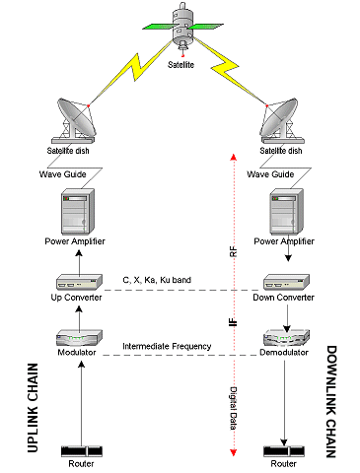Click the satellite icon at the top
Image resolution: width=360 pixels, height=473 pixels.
click(182, 28)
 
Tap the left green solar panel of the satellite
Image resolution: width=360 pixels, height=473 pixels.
click(158, 27)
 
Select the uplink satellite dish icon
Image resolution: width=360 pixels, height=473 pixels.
click(76, 120)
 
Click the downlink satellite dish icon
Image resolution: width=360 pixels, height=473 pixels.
click(281, 120)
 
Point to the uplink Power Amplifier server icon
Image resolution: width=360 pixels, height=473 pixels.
click(78, 211)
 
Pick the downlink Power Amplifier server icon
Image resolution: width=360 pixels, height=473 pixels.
click(287, 211)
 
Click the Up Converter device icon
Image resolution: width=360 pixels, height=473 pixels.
click(79, 282)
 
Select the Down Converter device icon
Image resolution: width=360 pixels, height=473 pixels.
click(286, 282)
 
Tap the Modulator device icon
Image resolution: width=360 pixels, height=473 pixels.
click(79, 338)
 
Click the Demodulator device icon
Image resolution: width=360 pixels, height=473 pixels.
click(286, 338)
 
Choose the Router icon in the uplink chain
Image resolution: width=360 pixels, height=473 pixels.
click(82, 451)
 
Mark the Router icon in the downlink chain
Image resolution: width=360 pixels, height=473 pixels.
click(284, 451)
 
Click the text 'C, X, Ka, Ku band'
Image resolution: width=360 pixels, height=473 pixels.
click(157, 280)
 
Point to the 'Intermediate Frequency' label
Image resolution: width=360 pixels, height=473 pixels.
click(167, 346)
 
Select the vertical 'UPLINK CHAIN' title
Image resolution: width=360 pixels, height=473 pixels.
click(33, 408)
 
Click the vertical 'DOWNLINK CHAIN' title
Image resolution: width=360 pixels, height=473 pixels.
click(331, 401)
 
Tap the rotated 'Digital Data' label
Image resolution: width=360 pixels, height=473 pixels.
click(233, 408)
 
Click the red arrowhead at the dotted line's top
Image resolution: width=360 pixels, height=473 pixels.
click(234, 157)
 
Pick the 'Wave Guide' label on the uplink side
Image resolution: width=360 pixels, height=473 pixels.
click(63, 174)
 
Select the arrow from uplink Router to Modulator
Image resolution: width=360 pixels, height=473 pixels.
click(82, 403)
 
